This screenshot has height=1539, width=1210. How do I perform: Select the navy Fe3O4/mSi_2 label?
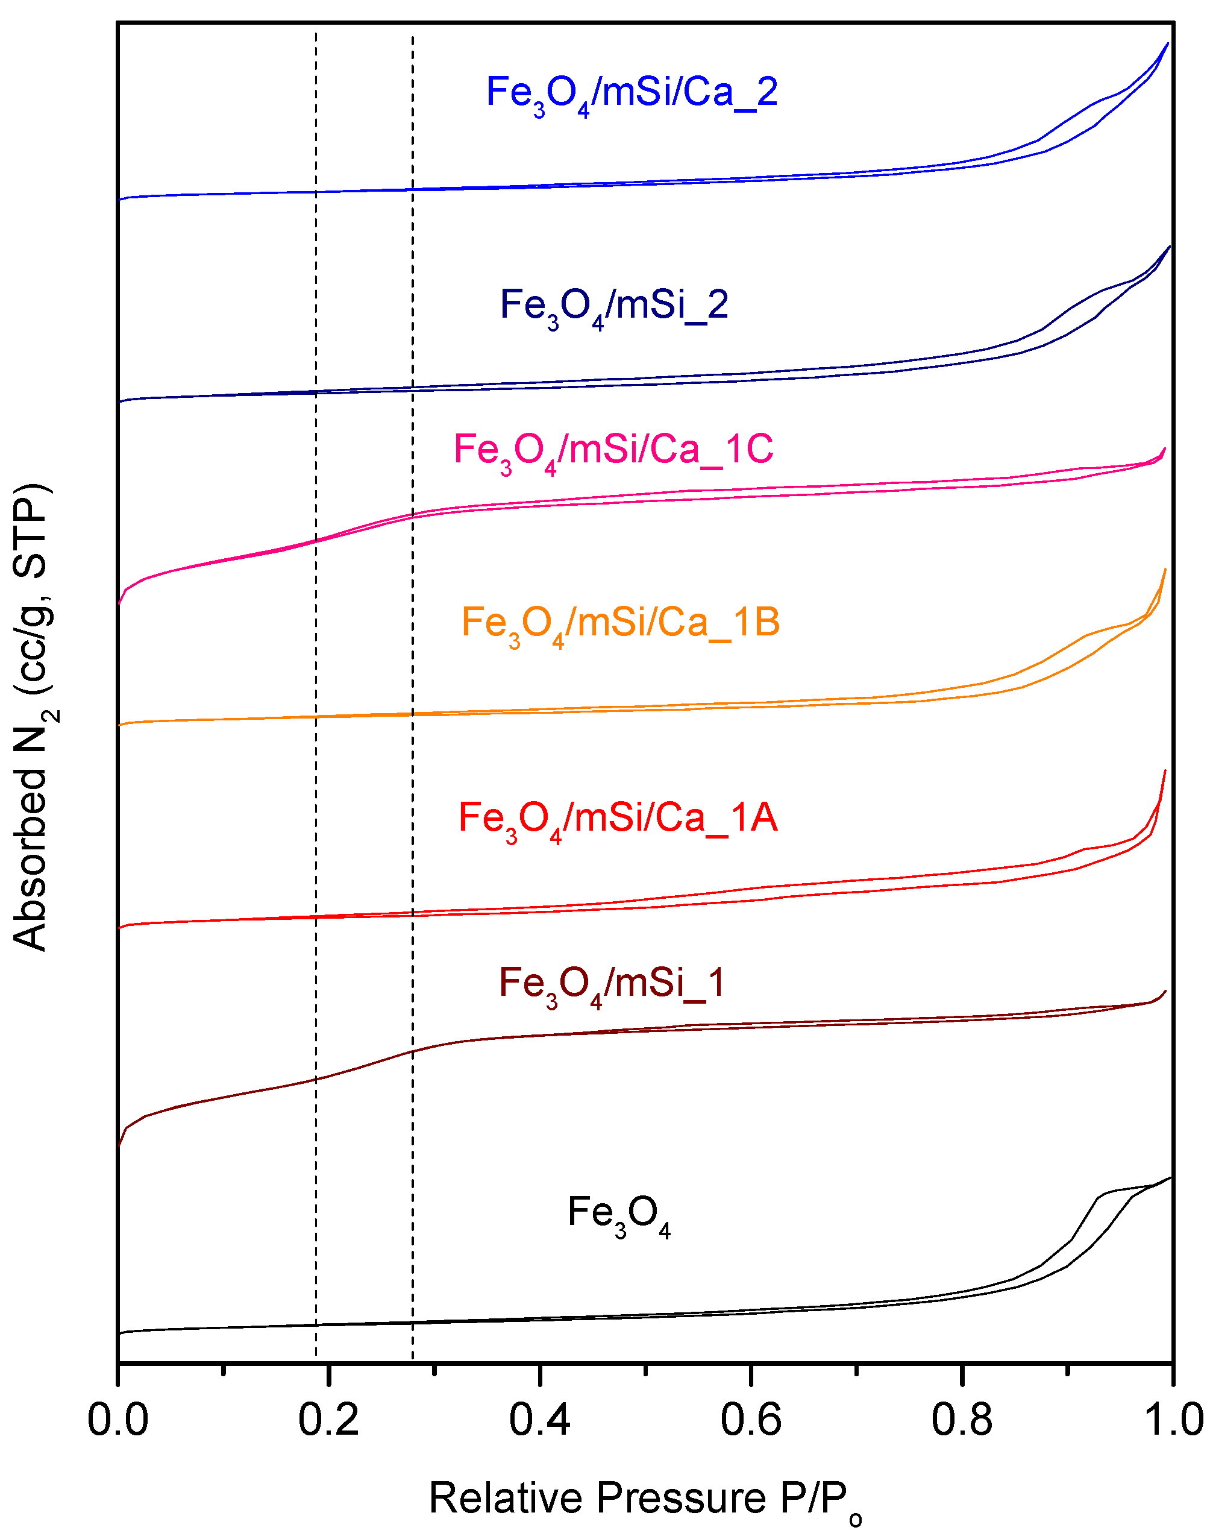614,307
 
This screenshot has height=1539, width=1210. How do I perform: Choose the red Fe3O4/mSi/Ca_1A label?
618,819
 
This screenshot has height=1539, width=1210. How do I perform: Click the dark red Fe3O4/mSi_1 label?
612,985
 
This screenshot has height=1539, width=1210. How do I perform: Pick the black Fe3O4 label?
618,1213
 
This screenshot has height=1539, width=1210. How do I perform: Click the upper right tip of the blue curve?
1167,44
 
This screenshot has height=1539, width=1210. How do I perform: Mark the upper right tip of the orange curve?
1165,570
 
